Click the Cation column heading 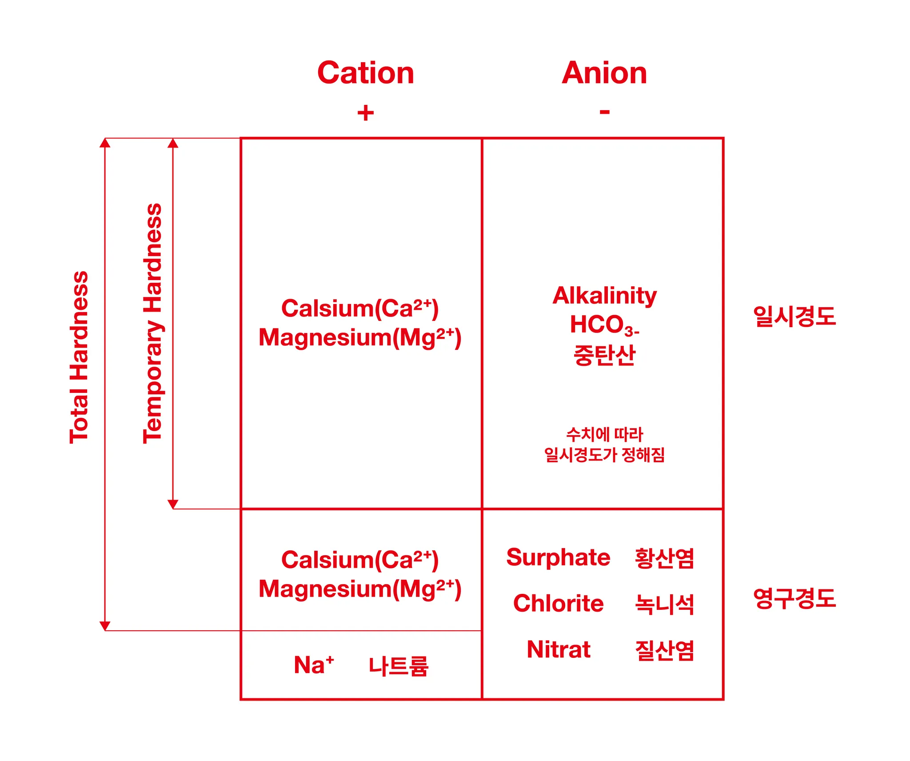coord(366,73)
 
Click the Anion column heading coord(604,73)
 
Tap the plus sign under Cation coord(366,113)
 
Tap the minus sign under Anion coord(604,112)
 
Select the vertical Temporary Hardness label coord(152,324)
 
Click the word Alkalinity coord(604,296)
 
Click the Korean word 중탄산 coord(604,355)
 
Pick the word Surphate coord(558,557)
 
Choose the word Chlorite coord(558,603)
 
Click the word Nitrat coord(558,649)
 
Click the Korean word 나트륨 coord(399,666)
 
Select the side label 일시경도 coord(794,316)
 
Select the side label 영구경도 coord(794,598)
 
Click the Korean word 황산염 coord(664,558)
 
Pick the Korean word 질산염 coord(664,650)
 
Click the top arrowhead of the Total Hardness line coord(105,143)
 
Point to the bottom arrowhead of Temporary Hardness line coord(173,504)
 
